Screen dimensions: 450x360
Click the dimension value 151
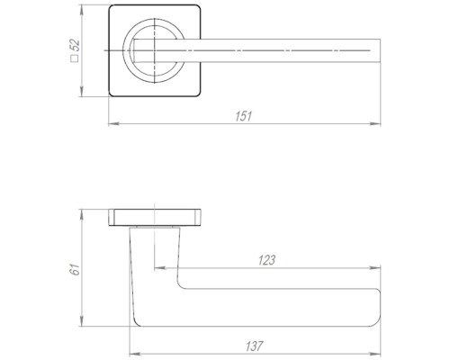click(x=243, y=116)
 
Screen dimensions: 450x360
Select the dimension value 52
click(x=75, y=45)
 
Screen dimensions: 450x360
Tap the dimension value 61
click(x=74, y=269)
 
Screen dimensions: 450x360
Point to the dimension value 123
click(x=266, y=260)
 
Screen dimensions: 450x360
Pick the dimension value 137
click(x=255, y=346)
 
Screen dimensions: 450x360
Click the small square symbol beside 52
click(x=75, y=58)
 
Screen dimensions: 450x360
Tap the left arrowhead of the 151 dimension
click(x=114, y=123)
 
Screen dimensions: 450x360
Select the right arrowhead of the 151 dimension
click(x=375, y=123)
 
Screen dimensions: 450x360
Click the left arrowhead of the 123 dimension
click(x=160, y=267)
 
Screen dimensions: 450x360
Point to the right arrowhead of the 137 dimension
click(x=375, y=354)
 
